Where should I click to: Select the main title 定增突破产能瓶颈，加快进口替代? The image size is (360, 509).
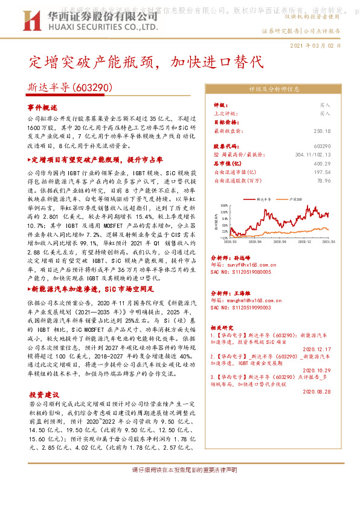pos(146,62)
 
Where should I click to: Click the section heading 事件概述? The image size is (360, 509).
pos(42,106)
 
